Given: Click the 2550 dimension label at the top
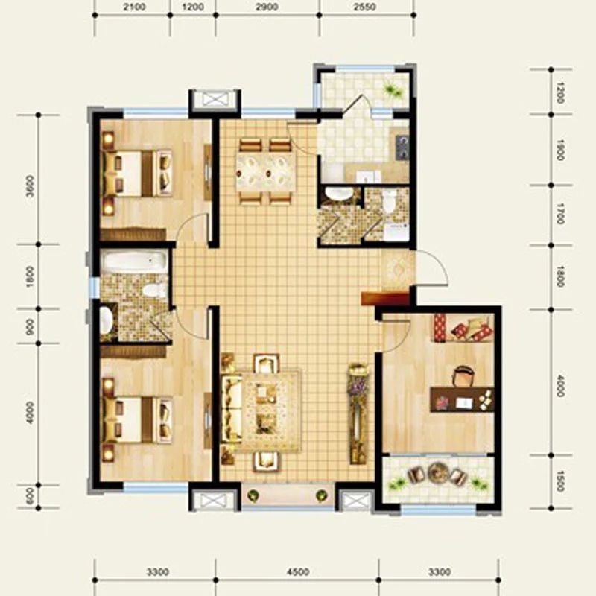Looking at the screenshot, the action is pos(364,7).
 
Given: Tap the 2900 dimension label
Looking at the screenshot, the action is pos(267,7).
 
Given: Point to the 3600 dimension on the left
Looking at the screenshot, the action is pos(30,186).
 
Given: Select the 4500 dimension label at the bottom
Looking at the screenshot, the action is pos(297,571).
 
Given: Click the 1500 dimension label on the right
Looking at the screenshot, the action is pos(560,481).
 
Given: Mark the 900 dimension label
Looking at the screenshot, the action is pos(30,326).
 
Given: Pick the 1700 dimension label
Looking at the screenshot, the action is pos(560,214).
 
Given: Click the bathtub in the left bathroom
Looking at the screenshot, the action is pos(135,260).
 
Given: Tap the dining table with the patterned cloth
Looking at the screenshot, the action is pos(265,173).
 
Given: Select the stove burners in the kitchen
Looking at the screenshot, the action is pos(402,147).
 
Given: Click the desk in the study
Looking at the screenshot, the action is pos(462,399).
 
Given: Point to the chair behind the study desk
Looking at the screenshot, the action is pos(461,376).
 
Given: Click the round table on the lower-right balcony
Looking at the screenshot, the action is pos(437,472).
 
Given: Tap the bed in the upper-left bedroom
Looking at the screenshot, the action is pos(137,174).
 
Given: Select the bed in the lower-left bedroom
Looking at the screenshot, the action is pos(137,419).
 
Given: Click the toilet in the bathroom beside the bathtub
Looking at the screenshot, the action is pos(153,291).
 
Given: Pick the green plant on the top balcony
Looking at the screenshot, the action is pos(392,90).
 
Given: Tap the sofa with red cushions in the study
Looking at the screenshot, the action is pos(463,328).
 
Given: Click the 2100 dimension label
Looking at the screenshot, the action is pos(134,7).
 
